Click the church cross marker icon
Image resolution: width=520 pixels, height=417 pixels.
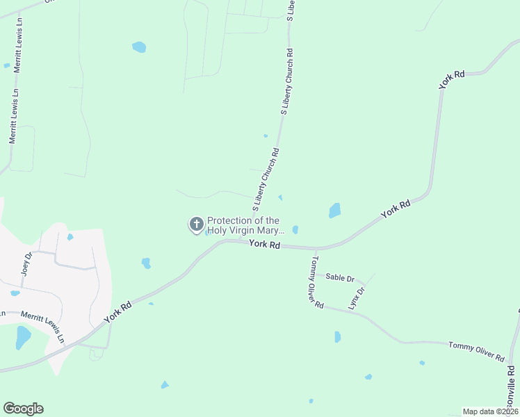coord(197,224)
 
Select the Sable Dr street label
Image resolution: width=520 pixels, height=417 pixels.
coord(340,277)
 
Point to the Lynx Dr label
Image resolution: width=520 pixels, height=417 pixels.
coord(356,298)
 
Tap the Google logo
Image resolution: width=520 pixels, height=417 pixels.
coord(23,409)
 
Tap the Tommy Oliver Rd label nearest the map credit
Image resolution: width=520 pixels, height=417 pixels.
coord(476,351)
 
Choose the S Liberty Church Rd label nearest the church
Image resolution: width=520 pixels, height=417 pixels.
coord(266,179)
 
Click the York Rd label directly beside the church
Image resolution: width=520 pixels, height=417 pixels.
coord(264,245)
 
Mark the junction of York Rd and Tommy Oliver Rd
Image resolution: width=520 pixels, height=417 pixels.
coord(316,248)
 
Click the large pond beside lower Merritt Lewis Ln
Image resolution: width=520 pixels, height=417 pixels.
coord(23,338)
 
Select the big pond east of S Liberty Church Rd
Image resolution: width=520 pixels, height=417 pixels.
coord(335,210)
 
